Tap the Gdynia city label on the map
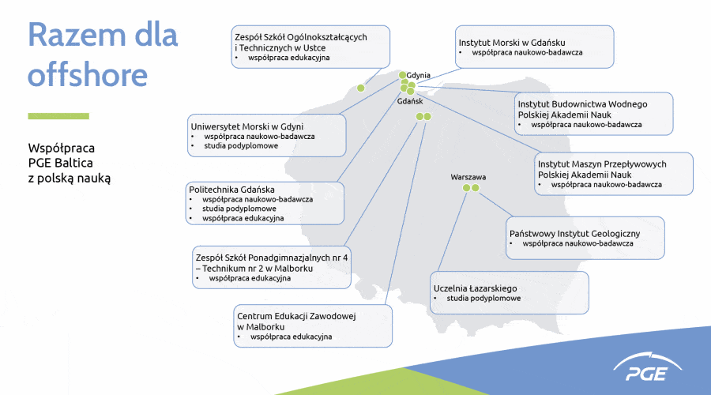[418, 76]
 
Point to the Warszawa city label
[468, 177]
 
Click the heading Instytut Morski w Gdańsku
[512, 43]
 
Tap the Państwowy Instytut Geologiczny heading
[574, 234]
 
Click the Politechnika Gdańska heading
[231, 190]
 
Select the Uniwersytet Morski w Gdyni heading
[247, 126]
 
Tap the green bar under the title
[58, 116]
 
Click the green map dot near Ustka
[361, 88]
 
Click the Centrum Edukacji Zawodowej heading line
[297, 316]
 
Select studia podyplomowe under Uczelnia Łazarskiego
[483, 299]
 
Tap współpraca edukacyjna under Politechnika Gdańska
[243, 219]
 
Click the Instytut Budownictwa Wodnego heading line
[582, 103]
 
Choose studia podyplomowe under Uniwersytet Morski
[241, 146]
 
